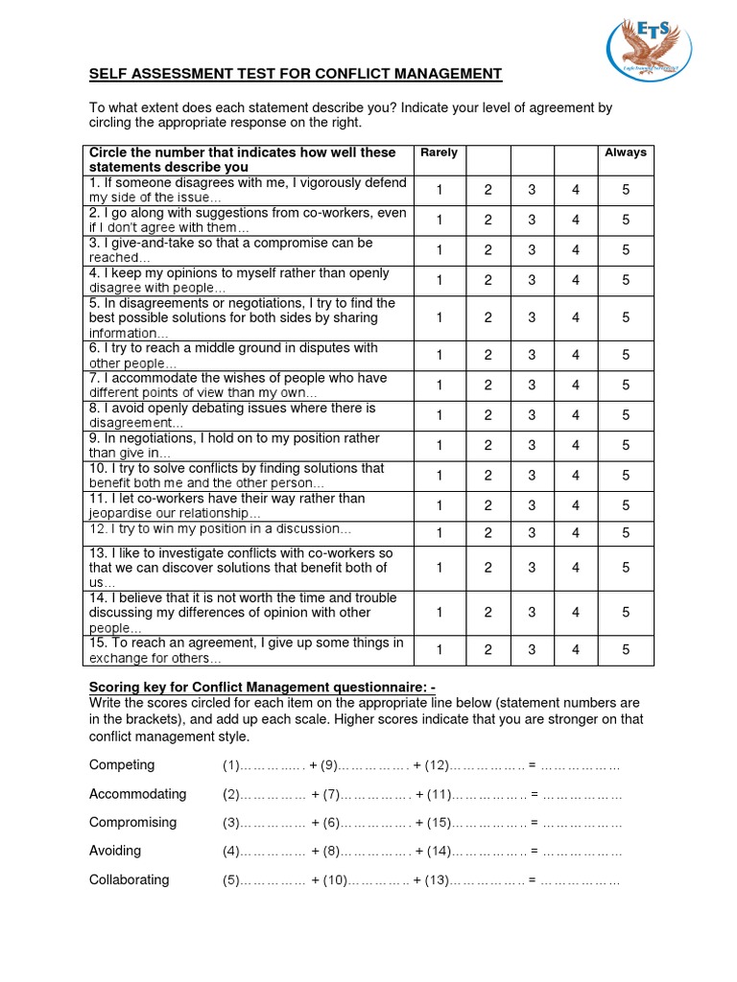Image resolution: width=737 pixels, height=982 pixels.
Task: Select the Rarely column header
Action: pos(440,152)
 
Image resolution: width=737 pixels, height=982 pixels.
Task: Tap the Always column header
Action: pos(625,152)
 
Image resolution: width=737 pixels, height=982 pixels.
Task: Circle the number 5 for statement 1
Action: pos(625,190)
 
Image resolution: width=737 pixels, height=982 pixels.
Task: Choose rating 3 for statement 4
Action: pos(532,280)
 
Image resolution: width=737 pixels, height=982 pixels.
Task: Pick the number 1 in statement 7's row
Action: pos(440,386)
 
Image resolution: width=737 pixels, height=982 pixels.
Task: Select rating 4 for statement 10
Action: pos(576,476)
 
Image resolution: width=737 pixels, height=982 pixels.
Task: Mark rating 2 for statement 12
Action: pos(487,533)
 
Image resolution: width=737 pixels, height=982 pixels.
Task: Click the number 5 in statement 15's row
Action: pos(625,650)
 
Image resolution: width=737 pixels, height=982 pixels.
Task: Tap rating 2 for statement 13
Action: pos(487,568)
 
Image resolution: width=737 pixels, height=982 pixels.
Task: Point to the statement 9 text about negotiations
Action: pos(233,445)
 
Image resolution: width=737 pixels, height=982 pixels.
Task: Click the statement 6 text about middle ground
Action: pos(233,356)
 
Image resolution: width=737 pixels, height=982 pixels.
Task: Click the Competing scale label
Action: pos(122,765)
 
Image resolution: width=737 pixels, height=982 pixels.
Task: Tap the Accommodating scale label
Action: pos(137,794)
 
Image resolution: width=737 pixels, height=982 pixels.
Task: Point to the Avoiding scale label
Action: pos(115,851)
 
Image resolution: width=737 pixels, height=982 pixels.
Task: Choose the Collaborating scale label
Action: pos(129,879)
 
